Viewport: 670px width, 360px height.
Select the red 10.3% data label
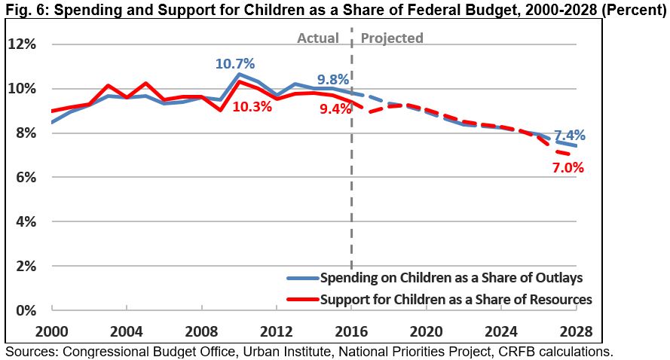click(252, 107)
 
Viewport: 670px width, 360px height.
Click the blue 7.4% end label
click(570, 136)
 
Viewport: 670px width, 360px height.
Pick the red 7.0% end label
click(568, 167)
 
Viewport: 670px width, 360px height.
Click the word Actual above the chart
click(318, 38)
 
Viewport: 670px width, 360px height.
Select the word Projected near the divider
click(392, 38)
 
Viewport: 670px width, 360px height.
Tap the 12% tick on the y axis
click(22, 44)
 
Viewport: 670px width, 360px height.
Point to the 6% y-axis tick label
click(25, 178)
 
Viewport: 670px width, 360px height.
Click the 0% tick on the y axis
click(25, 310)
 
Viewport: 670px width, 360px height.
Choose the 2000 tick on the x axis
click(51, 331)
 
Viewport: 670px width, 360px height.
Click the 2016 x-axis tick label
click(351, 331)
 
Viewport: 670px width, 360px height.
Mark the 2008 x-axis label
click(201, 331)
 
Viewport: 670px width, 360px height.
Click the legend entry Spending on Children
click(451, 276)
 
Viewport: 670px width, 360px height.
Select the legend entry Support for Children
click(456, 299)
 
